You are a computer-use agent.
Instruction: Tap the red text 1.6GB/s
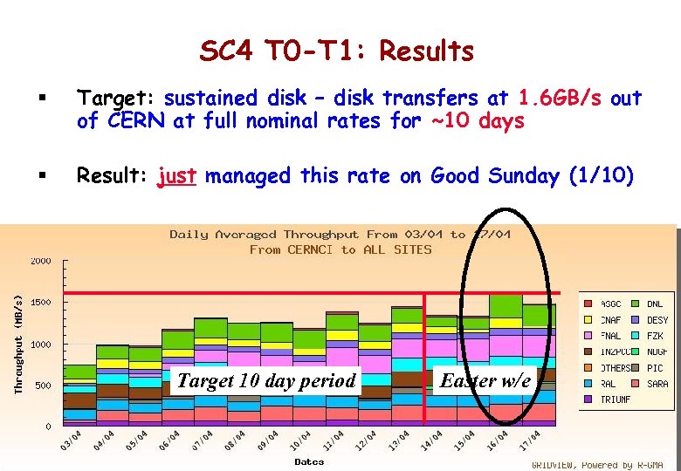[x=560, y=99]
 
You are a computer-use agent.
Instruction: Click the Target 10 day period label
[x=266, y=380]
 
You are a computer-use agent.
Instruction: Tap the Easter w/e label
[x=485, y=380]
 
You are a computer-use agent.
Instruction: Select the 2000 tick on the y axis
[x=41, y=261]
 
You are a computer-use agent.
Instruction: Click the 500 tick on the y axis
[x=44, y=386]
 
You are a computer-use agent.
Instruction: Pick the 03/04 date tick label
[x=72, y=440]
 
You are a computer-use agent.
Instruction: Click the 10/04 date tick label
[x=301, y=440]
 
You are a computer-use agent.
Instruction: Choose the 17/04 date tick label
[x=529, y=440]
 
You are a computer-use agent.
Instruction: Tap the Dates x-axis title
[x=309, y=461]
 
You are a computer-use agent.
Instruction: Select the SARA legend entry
[x=657, y=384]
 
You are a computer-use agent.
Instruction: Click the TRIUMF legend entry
[x=614, y=399]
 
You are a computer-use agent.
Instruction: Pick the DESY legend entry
[x=657, y=320]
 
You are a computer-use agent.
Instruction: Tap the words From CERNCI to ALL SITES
[x=340, y=249]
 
